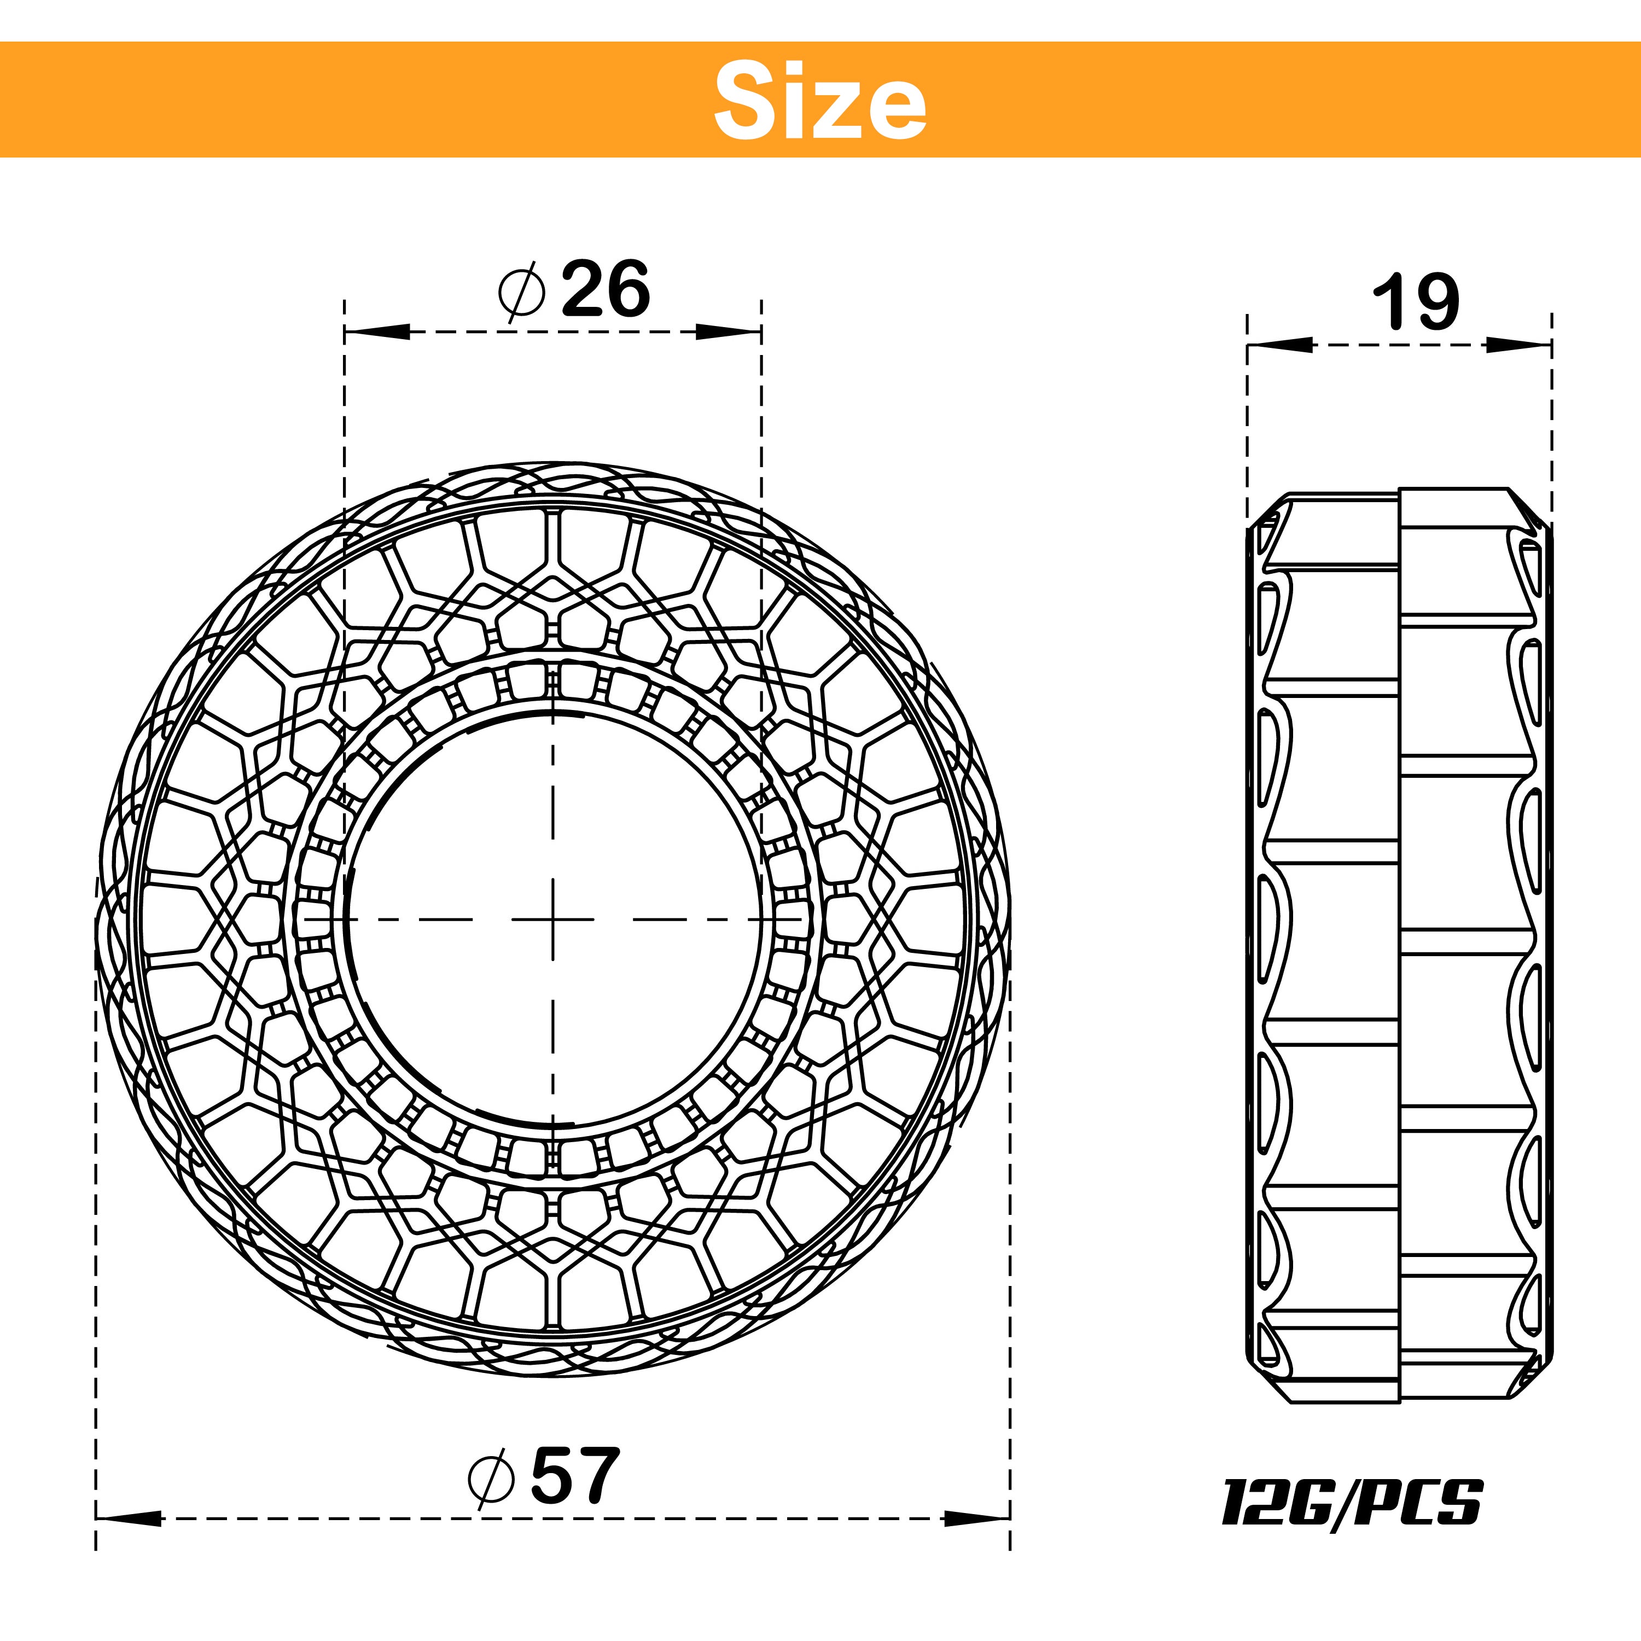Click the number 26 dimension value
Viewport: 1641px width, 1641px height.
tap(605, 290)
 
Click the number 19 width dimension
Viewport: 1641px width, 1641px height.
tap(1416, 302)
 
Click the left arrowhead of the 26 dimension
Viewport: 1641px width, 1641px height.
tap(374, 331)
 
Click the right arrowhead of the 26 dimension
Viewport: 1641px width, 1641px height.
tap(730, 331)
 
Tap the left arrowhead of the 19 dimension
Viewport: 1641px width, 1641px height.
tap(1277, 344)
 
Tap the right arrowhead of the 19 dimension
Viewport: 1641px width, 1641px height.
tap(1521, 344)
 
